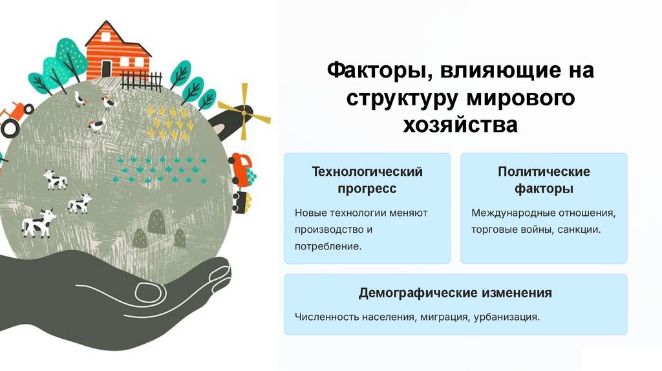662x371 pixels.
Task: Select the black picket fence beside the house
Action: [142, 81]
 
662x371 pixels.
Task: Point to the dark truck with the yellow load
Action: [241, 201]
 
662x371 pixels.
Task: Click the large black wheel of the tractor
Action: [9, 128]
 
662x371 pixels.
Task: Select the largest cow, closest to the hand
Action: [38, 223]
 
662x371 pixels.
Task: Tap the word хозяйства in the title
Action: [460, 124]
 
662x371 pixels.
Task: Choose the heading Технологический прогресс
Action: [367, 180]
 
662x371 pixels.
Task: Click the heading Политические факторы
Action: [544, 180]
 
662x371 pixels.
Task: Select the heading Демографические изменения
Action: [455, 293]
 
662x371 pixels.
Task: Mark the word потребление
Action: [327, 246]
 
